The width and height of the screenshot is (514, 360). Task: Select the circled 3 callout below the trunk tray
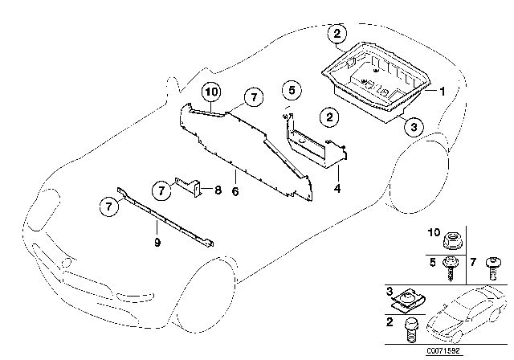[x=411, y=126]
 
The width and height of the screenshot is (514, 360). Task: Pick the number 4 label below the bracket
[x=337, y=190]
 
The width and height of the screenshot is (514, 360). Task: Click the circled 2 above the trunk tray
[x=337, y=34]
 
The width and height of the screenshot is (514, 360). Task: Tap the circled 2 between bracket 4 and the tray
[x=329, y=117]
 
